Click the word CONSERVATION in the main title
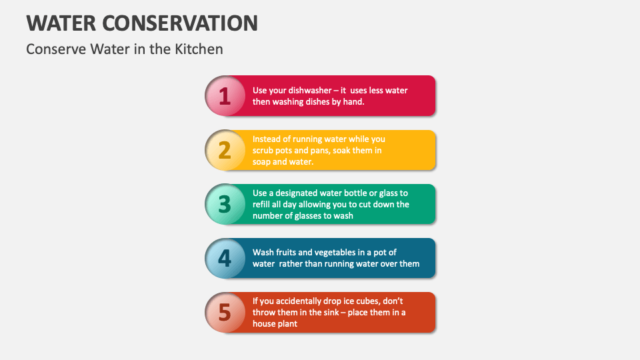pos(180,23)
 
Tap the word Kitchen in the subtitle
pos(201,49)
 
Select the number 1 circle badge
pos(225,96)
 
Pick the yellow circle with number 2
pos(225,150)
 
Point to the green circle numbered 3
pos(225,204)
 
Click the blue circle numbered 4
pos(225,258)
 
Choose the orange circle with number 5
pos(225,312)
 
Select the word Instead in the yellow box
pos(267,139)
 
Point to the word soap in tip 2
pos(263,161)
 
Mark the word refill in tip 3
pos(262,204)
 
